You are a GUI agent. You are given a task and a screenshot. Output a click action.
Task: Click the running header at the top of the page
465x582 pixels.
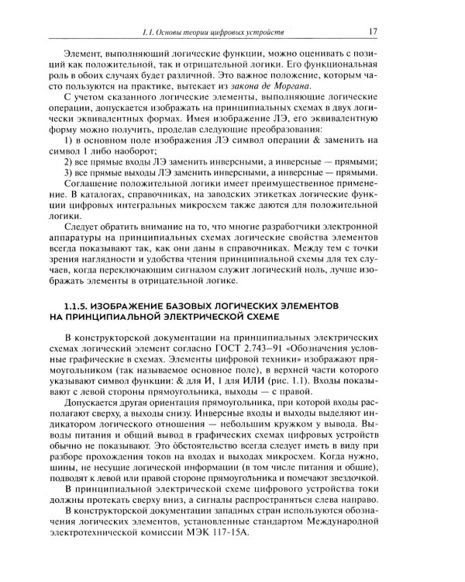(232, 33)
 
